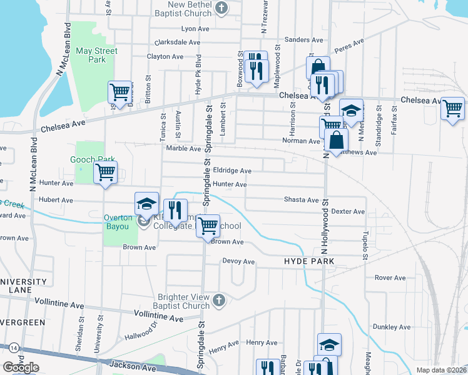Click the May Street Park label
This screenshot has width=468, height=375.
(x=90, y=55)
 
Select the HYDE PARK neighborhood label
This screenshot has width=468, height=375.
(x=309, y=261)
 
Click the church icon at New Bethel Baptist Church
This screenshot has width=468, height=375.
(x=220, y=8)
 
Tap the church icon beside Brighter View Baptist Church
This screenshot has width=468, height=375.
(x=218, y=301)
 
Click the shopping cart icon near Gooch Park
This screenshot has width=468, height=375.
(x=105, y=172)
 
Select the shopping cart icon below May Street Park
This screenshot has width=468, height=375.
(x=120, y=92)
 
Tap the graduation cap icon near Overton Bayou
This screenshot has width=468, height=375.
(x=146, y=203)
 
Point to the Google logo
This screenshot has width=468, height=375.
(x=21, y=367)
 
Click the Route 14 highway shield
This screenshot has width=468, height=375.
(x=13, y=347)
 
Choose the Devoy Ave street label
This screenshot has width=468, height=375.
(x=238, y=262)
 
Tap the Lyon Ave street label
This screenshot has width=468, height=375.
(x=195, y=29)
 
